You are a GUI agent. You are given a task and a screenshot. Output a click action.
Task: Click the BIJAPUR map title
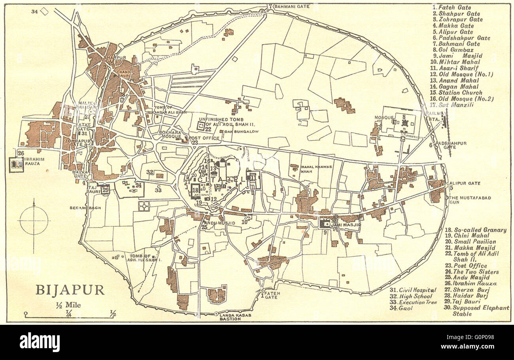(70, 290)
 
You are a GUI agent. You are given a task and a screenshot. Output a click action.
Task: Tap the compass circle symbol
(34, 220)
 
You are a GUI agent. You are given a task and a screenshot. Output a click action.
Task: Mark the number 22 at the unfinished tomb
(208, 129)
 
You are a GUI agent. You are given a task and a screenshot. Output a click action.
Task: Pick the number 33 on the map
(158, 190)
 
